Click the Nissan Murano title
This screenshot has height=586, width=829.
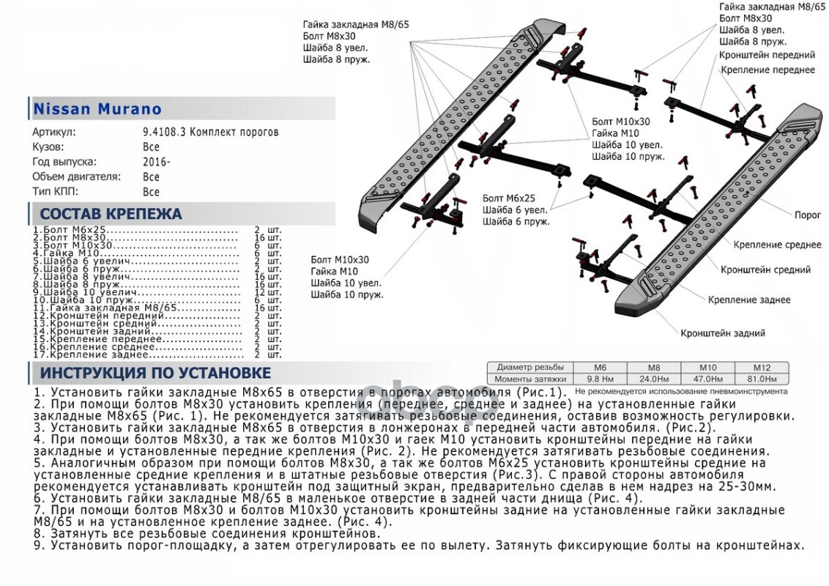pos(97,109)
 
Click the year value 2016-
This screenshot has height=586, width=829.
pos(156,162)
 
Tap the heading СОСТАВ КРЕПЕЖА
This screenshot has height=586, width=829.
pos(111,214)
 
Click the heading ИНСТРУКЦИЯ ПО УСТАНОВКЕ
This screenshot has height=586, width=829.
pos(155,374)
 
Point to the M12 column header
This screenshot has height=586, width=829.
pos(764,367)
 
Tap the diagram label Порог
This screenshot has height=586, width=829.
pos(807,216)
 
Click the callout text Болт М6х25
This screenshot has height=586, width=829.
pos(509,199)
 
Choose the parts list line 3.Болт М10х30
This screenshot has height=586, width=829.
pos(73,245)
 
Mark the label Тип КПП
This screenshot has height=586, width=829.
pos(54,192)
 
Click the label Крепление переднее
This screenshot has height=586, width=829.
pos(767,70)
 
